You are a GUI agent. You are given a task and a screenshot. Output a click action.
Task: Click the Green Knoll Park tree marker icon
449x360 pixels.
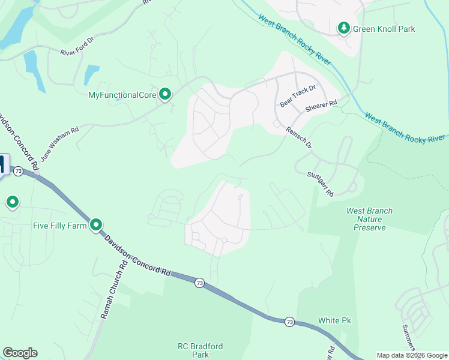[343, 28]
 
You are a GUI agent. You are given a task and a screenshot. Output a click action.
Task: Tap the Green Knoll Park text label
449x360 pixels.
[384, 29]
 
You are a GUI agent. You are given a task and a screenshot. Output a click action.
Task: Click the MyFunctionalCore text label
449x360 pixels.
[122, 95]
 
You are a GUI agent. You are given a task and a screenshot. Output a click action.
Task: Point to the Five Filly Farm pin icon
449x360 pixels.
[96, 225]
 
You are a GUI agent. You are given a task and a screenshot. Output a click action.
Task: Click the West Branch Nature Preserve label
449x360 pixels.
[369, 219]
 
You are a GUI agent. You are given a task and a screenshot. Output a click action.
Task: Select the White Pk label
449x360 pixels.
[334, 320]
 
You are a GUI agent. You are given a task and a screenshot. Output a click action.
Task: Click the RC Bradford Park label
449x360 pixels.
[200, 350]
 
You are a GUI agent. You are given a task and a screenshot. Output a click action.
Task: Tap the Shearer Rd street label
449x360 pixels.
[321, 104]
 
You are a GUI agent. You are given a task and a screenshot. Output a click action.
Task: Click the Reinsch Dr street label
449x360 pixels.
[299, 137]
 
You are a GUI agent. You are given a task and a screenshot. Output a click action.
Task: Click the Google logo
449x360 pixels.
[20, 353]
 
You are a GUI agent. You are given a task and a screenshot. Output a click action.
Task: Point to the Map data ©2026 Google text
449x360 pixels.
[411, 355]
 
